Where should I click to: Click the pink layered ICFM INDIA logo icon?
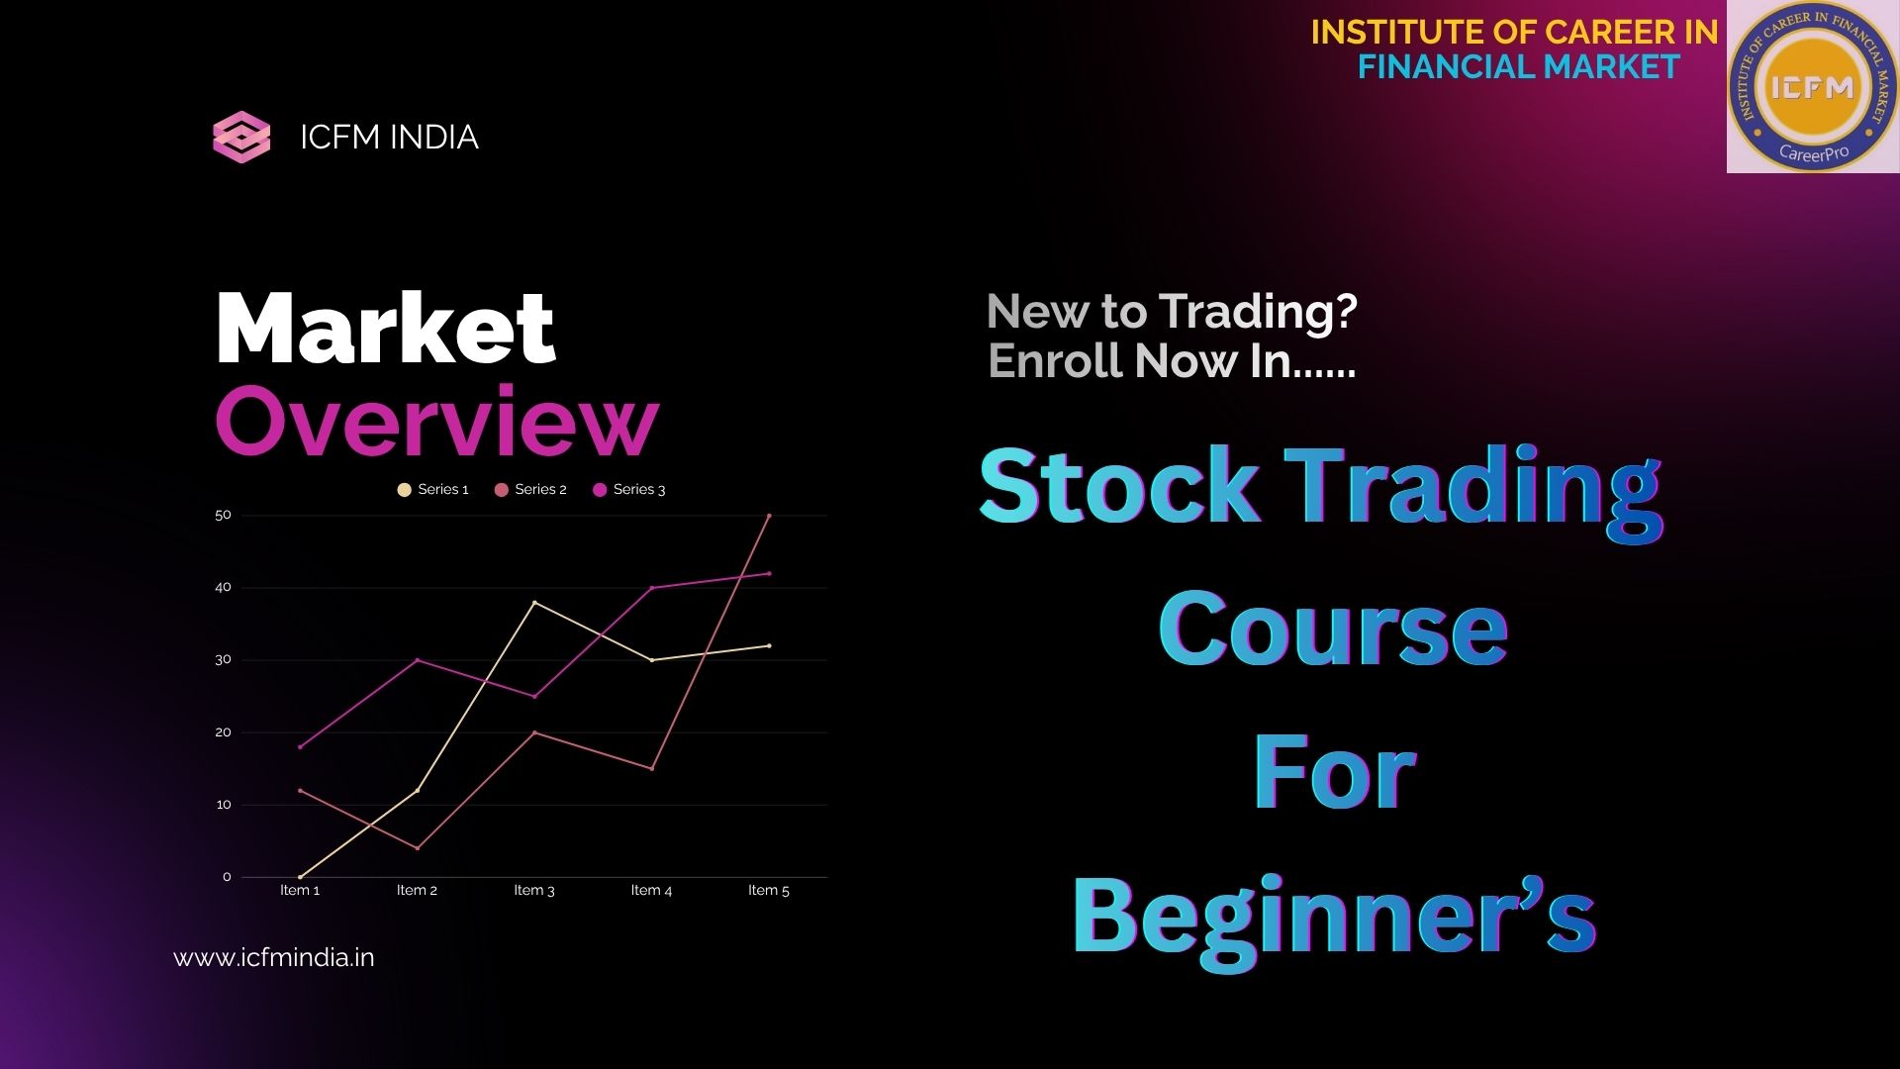[x=241, y=137]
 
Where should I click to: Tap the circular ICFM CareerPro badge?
[x=1812, y=87]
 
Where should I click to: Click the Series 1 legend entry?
[x=432, y=489]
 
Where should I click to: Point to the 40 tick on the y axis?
[x=223, y=587]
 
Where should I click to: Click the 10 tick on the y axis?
[x=223, y=805]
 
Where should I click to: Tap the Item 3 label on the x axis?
[x=534, y=890]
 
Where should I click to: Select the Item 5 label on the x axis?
[x=769, y=890]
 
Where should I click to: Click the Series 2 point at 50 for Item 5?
[x=769, y=516]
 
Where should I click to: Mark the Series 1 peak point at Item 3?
[x=534, y=602]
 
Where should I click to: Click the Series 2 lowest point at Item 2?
[x=418, y=848]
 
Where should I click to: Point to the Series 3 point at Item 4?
[x=651, y=588]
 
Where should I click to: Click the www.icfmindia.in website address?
[x=274, y=957]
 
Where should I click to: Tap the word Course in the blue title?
[x=1332, y=629]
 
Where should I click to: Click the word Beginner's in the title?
[x=1333, y=916]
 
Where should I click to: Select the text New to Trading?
[x=1172, y=312]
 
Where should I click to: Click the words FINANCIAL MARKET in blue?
[x=1518, y=66]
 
